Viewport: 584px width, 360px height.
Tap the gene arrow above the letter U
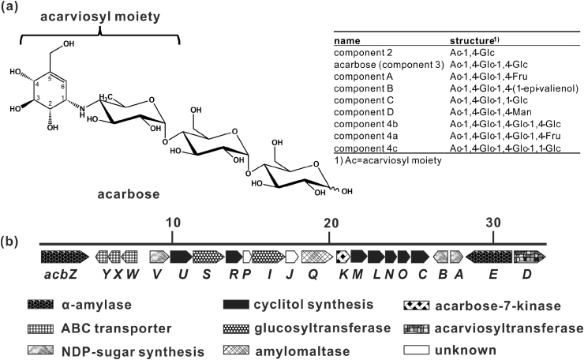coord(181,256)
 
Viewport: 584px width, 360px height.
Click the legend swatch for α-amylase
coord(56,305)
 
